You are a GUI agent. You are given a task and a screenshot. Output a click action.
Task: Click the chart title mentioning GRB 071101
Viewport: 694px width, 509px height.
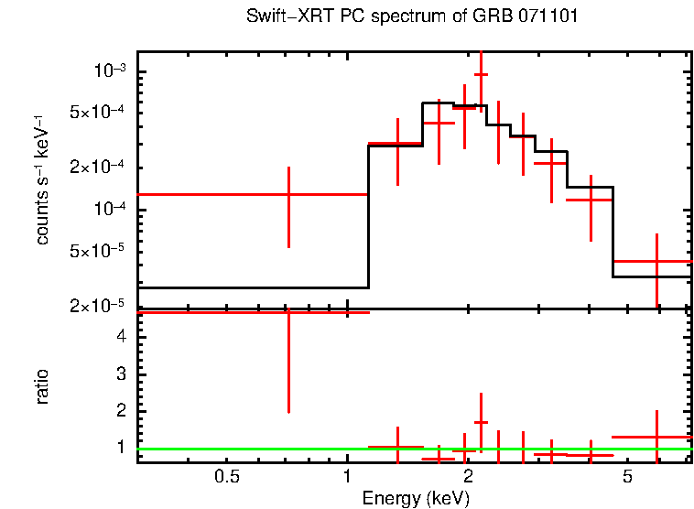tap(412, 17)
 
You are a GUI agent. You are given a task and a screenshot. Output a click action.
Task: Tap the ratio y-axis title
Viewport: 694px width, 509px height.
tap(42, 386)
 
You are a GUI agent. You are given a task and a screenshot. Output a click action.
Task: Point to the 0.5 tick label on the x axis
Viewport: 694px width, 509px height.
tap(227, 476)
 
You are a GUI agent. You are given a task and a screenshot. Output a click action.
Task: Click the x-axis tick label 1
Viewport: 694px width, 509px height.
tap(347, 476)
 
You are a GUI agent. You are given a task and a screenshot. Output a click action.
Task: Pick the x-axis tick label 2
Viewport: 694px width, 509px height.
tap(467, 476)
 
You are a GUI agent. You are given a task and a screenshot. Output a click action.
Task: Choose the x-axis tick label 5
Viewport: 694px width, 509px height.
tap(627, 476)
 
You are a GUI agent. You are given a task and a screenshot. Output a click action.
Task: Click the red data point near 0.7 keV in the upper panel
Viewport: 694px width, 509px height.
tap(288, 195)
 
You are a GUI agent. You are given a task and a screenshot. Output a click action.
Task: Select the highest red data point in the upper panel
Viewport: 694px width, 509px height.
tap(481, 74)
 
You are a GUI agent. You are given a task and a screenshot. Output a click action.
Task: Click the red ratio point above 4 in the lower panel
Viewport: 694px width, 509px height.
tap(288, 312)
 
